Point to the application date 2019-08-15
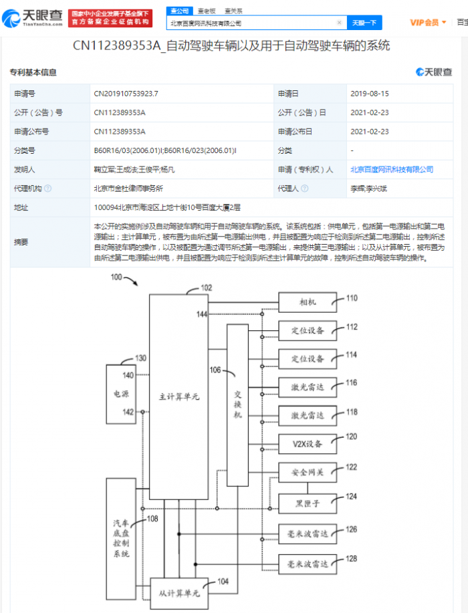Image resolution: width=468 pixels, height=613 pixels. pos(370,95)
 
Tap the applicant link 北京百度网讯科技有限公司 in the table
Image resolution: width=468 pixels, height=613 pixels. pos(392,170)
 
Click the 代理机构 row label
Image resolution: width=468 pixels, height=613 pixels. pos(29,189)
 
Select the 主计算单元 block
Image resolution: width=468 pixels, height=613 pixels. pos(179,397)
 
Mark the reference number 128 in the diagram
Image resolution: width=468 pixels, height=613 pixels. pos(352,558)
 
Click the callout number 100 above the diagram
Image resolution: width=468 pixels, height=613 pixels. pos(117,277)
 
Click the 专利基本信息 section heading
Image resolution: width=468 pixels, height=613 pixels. pos(33,72)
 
